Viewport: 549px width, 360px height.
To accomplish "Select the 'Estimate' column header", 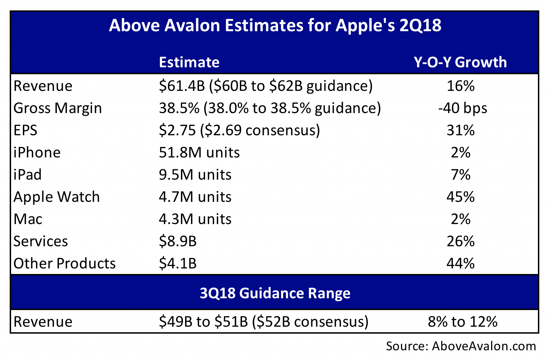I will click(x=189, y=62).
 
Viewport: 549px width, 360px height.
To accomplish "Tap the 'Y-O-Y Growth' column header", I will click(x=460, y=62).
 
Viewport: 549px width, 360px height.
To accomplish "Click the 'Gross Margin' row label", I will click(x=58, y=108).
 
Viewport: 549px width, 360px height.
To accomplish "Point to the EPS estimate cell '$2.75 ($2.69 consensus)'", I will click(x=239, y=130).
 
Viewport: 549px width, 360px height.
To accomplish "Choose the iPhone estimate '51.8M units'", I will click(x=199, y=153).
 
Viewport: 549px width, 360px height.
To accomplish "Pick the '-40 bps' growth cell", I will click(x=462, y=108).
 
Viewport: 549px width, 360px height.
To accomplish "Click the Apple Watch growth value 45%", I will click(x=460, y=197).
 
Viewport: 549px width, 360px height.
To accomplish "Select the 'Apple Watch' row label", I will click(x=56, y=197).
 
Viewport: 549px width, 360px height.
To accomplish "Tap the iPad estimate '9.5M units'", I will click(x=195, y=175).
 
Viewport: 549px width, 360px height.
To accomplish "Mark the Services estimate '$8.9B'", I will click(x=178, y=241).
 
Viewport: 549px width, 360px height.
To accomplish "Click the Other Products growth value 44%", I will click(x=460, y=264).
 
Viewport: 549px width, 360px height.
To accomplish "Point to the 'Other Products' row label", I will click(x=64, y=264).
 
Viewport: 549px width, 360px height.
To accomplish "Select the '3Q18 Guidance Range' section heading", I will click(x=275, y=293).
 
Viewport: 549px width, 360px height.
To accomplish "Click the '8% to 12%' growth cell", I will click(x=462, y=322).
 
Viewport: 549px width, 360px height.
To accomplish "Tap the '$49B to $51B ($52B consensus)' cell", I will click(x=263, y=322).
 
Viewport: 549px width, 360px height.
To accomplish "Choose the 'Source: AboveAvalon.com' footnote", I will click(x=461, y=346).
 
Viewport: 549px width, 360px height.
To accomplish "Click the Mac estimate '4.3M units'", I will click(x=195, y=219).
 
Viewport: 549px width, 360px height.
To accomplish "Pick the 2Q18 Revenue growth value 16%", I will click(x=460, y=86).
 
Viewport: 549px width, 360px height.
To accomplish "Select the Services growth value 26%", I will click(x=460, y=241).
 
